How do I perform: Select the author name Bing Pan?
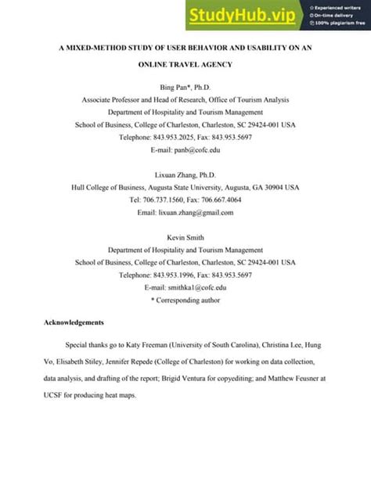(177, 85)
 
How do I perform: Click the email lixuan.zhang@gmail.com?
(206, 212)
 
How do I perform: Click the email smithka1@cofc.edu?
(205, 287)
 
